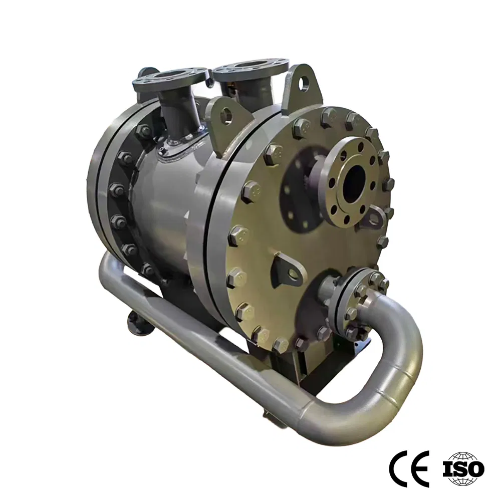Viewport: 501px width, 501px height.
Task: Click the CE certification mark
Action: pos(409,469)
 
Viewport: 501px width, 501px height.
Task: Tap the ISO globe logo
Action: pos(463,469)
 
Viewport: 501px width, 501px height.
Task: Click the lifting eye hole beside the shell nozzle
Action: pos(226,115)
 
